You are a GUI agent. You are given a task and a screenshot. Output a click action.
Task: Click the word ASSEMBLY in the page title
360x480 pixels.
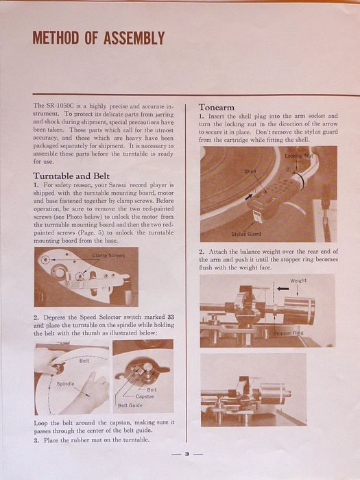point(134,38)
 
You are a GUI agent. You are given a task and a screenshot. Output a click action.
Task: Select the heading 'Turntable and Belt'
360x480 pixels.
point(71,176)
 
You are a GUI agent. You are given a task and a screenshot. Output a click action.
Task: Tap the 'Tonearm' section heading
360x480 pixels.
point(217,107)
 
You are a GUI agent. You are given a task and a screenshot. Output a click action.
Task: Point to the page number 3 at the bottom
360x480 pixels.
point(187,454)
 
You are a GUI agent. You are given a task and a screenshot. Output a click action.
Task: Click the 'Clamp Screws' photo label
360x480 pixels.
point(108,255)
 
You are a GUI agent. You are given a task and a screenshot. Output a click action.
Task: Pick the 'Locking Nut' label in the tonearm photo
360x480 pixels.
point(299,156)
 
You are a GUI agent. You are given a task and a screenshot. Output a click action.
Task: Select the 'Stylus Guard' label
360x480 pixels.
point(246,234)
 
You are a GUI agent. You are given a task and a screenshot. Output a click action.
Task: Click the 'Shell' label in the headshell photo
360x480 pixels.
point(250,171)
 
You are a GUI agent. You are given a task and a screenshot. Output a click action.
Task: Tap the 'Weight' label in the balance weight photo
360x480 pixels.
point(298,280)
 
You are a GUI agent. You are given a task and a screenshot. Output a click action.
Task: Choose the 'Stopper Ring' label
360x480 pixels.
point(288,333)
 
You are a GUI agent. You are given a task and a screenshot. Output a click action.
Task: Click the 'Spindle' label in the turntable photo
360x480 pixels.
point(66,383)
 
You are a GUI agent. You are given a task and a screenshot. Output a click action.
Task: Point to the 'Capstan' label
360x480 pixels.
point(145,396)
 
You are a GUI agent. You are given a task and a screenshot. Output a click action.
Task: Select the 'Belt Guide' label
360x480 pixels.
point(130,405)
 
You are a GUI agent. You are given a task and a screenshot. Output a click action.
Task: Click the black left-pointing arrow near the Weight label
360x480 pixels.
point(283,289)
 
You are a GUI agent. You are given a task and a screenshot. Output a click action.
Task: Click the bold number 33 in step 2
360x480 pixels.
point(171,317)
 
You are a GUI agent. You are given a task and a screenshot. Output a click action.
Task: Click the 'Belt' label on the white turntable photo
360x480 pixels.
point(84,361)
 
